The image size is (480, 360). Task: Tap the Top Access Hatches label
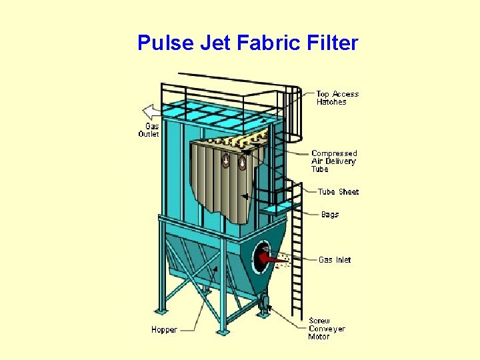click(x=337, y=98)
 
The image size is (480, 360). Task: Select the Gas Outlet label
click(x=149, y=130)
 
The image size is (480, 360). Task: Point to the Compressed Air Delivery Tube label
click(x=334, y=161)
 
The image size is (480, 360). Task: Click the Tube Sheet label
click(x=338, y=192)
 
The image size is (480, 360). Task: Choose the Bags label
click(x=330, y=215)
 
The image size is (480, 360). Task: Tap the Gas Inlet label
click(x=335, y=259)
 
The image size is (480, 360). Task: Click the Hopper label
click(x=164, y=329)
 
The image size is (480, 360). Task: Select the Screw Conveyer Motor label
click(x=327, y=329)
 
